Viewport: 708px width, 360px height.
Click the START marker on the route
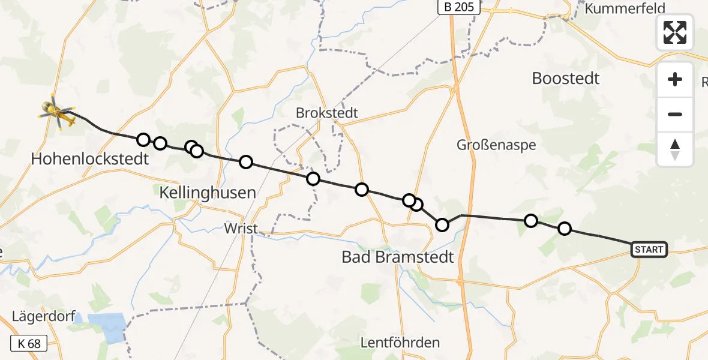point(649,249)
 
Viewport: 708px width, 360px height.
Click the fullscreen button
point(675,32)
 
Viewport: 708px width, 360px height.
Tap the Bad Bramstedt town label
point(398,257)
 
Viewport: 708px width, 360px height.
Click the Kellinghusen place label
point(208,193)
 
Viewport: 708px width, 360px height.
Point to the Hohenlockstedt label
point(90,159)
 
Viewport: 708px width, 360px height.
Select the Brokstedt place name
point(327,113)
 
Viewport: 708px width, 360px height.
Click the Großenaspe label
point(496,145)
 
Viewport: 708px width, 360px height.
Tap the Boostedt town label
point(566,79)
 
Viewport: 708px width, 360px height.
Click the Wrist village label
point(241,229)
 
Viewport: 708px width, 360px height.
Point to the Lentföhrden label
point(400,343)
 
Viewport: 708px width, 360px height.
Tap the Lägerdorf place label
point(42,316)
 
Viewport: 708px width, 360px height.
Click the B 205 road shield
point(459,7)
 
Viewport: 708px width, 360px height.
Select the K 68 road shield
point(29,344)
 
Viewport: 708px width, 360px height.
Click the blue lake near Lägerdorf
point(107,327)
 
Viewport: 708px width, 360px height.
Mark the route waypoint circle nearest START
point(565,229)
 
